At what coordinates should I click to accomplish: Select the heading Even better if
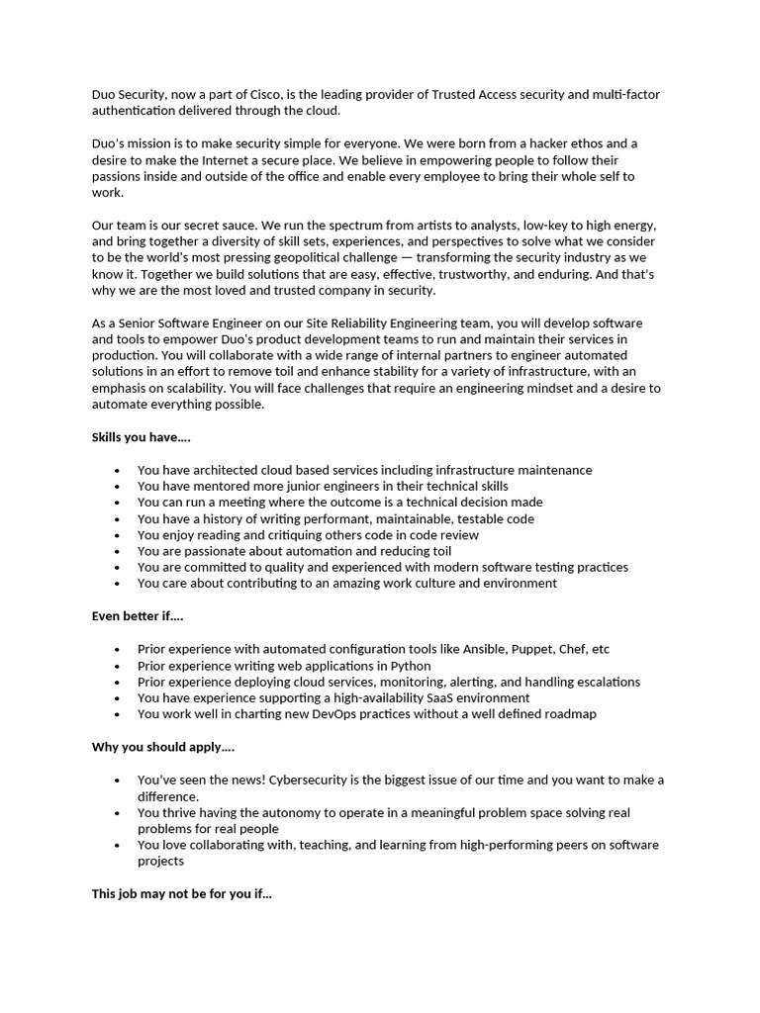[138, 615]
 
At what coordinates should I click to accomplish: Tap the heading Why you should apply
[163, 746]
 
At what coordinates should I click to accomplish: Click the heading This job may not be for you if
[182, 892]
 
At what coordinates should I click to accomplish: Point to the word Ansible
[480, 649]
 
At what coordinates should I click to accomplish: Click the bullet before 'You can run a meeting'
[118, 503]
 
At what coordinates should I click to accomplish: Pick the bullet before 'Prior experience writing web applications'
[118, 666]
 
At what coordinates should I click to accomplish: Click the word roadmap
[568, 713]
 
